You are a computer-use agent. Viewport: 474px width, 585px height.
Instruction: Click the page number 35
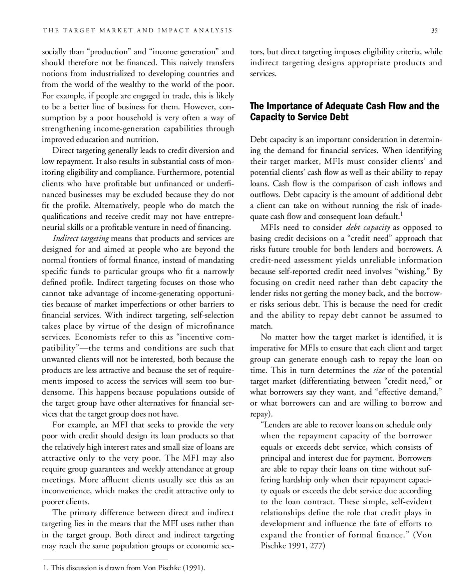434,31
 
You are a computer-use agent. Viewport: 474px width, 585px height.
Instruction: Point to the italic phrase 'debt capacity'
368,227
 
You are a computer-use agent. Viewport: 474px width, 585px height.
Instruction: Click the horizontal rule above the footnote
105,560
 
